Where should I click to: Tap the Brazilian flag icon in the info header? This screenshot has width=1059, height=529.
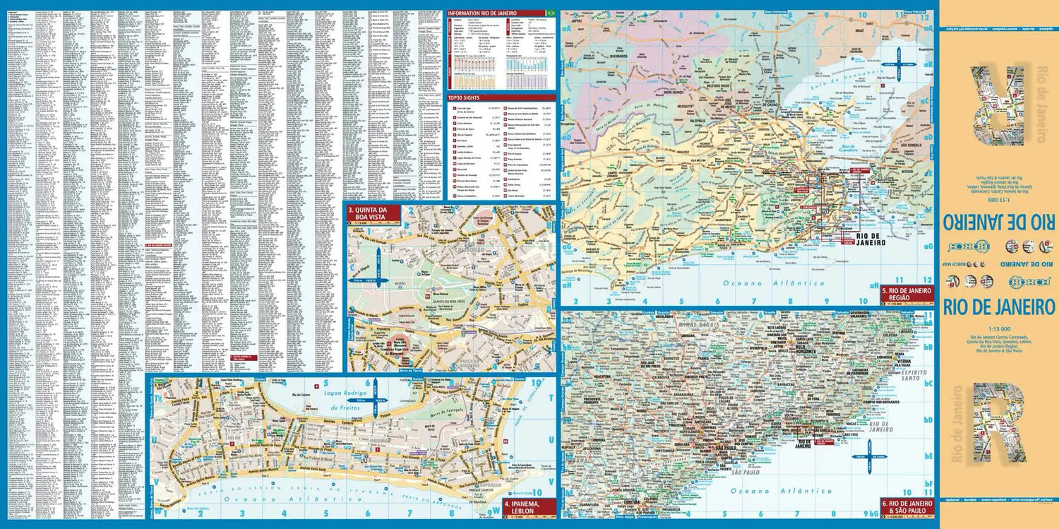551,13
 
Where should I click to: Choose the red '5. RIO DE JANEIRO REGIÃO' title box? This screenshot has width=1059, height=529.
907,295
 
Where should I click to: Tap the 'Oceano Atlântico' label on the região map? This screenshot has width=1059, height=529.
773,283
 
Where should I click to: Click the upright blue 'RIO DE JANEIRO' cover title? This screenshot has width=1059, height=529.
998,307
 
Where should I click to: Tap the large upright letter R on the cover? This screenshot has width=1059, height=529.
997,422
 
